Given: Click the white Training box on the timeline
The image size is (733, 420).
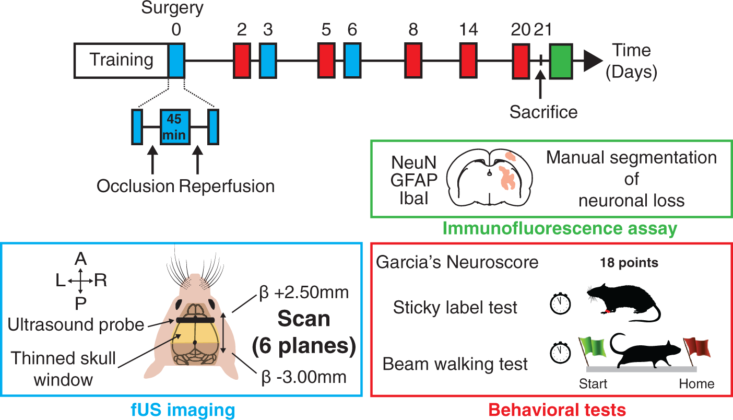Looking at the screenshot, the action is pyautogui.click(x=121, y=61).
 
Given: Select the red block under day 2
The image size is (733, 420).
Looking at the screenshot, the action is pyautogui.click(x=242, y=61).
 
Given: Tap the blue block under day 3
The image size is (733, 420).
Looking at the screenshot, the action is pyautogui.click(x=268, y=61).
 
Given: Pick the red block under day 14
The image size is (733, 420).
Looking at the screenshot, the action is pyautogui.click(x=468, y=61).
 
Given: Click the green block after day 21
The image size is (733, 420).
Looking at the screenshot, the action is pyautogui.click(x=561, y=61).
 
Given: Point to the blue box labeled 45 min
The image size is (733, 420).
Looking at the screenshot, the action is pyautogui.click(x=175, y=127).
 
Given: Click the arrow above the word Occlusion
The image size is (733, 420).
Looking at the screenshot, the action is pyautogui.click(x=152, y=159).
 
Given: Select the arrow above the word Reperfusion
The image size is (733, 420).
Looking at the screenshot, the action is pyautogui.click(x=197, y=159).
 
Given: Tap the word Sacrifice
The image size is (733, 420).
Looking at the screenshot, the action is pyautogui.click(x=543, y=112).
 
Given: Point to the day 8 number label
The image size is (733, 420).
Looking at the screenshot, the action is pyautogui.click(x=413, y=29).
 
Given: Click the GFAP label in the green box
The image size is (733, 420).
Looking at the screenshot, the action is pyautogui.click(x=414, y=180).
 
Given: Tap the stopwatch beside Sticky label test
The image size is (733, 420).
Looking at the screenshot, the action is pyautogui.click(x=560, y=304).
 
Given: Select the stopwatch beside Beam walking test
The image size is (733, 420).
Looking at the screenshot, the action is pyautogui.click(x=560, y=352).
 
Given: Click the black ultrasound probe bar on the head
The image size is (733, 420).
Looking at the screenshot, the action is pyautogui.click(x=195, y=320).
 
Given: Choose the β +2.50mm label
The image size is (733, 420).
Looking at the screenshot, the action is pyautogui.click(x=304, y=293).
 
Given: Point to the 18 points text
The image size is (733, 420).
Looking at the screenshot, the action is pyautogui.click(x=629, y=263).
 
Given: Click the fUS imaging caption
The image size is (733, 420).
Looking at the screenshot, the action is pyautogui.click(x=183, y=410).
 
